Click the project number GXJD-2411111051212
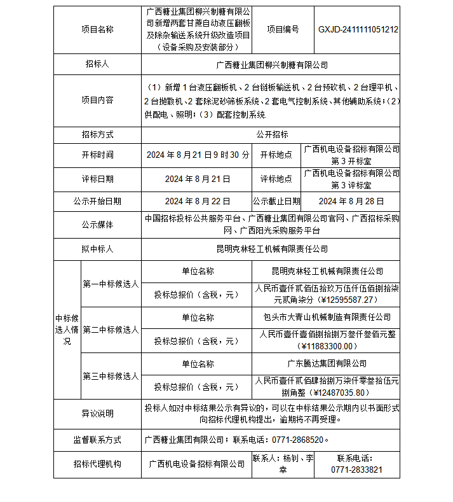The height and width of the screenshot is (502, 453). pyautogui.click(x=358, y=29)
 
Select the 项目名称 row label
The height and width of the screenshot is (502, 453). pyautogui.click(x=97, y=29)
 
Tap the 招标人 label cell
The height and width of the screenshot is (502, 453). pyautogui.click(x=97, y=64)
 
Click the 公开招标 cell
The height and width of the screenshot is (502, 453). pyautogui.click(x=272, y=134)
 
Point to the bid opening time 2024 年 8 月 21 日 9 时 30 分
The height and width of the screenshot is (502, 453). pyautogui.click(x=198, y=155)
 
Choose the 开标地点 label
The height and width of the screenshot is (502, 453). pyautogui.click(x=276, y=155)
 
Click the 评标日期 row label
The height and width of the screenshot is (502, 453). pyautogui.click(x=97, y=179)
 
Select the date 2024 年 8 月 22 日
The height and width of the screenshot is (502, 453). pyautogui.click(x=198, y=200)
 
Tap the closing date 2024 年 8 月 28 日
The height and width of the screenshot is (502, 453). pyautogui.click(x=351, y=200)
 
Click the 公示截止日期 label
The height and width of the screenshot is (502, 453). pyautogui.click(x=276, y=200)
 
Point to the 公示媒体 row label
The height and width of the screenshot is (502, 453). pyautogui.click(x=97, y=225)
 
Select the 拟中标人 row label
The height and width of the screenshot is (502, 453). pyautogui.click(x=97, y=249)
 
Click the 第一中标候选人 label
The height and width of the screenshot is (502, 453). pyautogui.click(x=111, y=284)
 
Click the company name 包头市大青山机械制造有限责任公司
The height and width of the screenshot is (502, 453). pyautogui.click(x=327, y=316)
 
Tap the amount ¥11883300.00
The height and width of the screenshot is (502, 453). pyautogui.click(x=327, y=346)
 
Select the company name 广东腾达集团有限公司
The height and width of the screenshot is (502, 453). pyautogui.click(x=327, y=363)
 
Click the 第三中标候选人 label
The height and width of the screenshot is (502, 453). pyautogui.click(x=111, y=375)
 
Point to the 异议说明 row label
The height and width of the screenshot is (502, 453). pyautogui.click(x=97, y=414)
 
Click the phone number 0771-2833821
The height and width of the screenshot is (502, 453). pyautogui.click(x=356, y=470)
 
